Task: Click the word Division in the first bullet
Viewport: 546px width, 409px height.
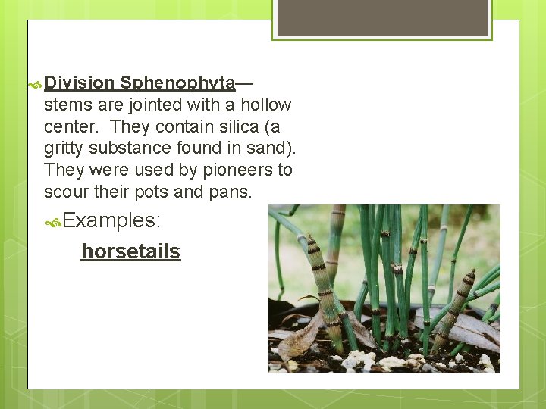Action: point(79,83)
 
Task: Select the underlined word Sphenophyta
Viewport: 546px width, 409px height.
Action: point(177,83)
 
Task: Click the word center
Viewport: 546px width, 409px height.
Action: point(71,126)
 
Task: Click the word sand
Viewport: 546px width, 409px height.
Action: point(269,148)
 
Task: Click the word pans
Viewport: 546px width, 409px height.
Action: point(229,192)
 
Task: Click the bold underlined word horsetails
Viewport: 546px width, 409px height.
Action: point(130,251)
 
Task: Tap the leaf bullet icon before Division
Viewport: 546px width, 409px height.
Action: point(34,84)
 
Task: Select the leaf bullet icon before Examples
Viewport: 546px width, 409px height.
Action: point(53,223)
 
